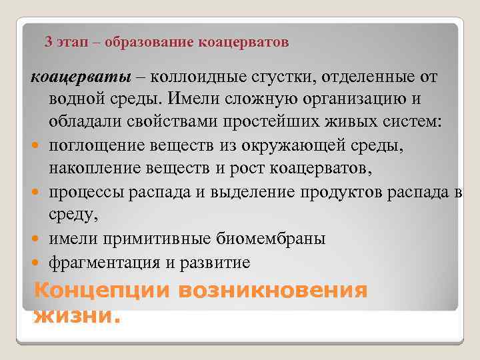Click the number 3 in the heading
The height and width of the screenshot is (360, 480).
click(48, 43)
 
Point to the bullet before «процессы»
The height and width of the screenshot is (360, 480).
click(34, 192)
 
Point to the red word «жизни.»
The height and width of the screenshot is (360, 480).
click(77, 315)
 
